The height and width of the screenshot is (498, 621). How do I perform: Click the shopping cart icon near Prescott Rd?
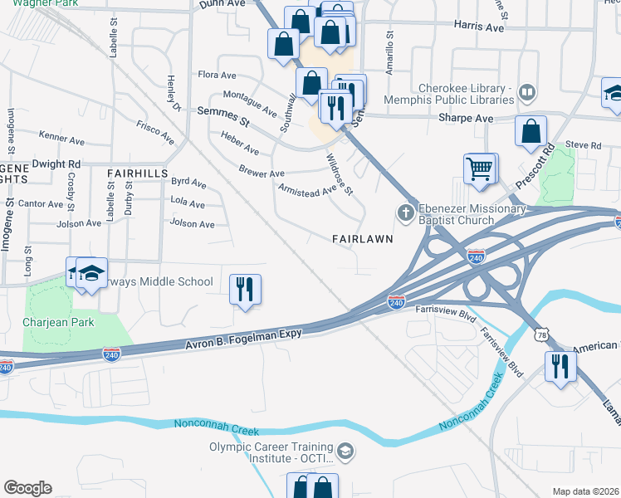pyautogui.click(x=479, y=168)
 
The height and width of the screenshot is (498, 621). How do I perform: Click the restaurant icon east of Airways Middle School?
pyautogui.click(x=244, y=289)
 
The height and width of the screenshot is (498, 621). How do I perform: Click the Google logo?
pyautogui.click(x=27, y=488)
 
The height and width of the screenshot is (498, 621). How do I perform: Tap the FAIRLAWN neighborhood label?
pyautogui.click(x=361, y=238)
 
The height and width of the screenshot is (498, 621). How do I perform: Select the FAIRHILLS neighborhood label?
pyautogui.click(x=138, y=173)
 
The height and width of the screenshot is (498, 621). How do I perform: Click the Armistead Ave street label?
pyautogui.click(x=307, y=188)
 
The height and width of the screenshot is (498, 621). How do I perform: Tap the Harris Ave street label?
pyautogui.click(x=479, y=27)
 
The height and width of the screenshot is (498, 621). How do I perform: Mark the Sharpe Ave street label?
pyautogui.click(x=466, y=119)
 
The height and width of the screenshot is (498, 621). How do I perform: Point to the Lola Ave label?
pyautogui.click(x=187, y=203)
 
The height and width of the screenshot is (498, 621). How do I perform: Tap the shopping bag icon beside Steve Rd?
pyautogui.click(x=531, y=131)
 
